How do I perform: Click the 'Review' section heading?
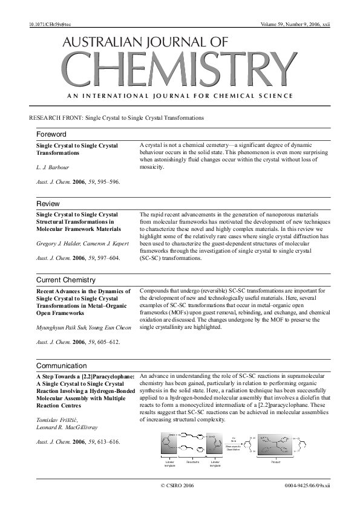tap(48, 203)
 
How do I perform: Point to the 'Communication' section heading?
tap(62, 366)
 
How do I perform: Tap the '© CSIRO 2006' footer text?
tap(177, 485)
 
